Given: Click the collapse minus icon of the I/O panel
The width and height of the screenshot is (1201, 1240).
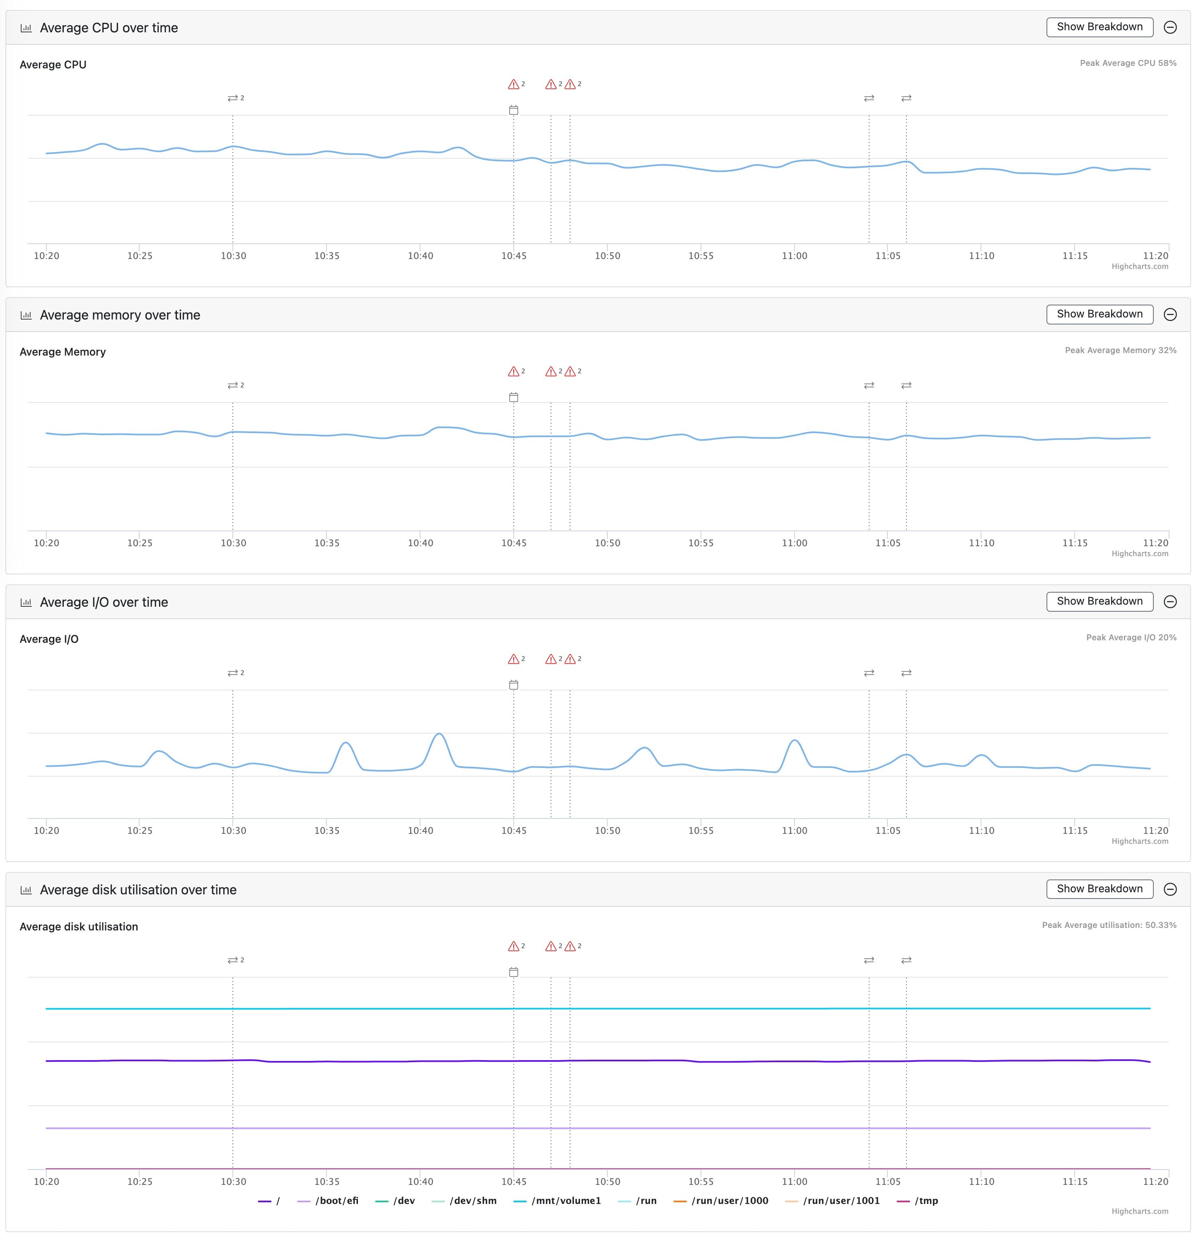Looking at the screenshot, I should tap(1170, 602).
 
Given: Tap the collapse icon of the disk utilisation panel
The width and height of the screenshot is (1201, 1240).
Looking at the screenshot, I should tap(1170, 889).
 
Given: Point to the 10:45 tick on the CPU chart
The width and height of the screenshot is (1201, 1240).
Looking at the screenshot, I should tap(514, 256).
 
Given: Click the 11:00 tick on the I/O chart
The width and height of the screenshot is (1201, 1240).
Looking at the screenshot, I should tap(794, 830).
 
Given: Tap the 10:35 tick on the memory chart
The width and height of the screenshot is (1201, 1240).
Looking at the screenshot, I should tap(327, 543).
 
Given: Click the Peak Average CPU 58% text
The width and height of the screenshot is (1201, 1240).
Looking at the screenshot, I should tap(1128, 63).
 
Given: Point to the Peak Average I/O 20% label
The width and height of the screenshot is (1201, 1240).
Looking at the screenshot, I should tap(1131, 638).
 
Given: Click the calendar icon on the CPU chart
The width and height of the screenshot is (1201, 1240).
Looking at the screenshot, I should tap(514, 110).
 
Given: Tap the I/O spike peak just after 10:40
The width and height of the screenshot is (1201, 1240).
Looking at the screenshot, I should tap(439, 734).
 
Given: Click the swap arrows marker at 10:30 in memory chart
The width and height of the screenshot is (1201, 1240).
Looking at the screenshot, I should tap(233, 385).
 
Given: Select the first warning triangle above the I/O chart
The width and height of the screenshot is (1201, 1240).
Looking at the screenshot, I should tap(514, 659).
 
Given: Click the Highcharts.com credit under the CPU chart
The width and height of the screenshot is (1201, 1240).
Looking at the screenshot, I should tap(1140, 266).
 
